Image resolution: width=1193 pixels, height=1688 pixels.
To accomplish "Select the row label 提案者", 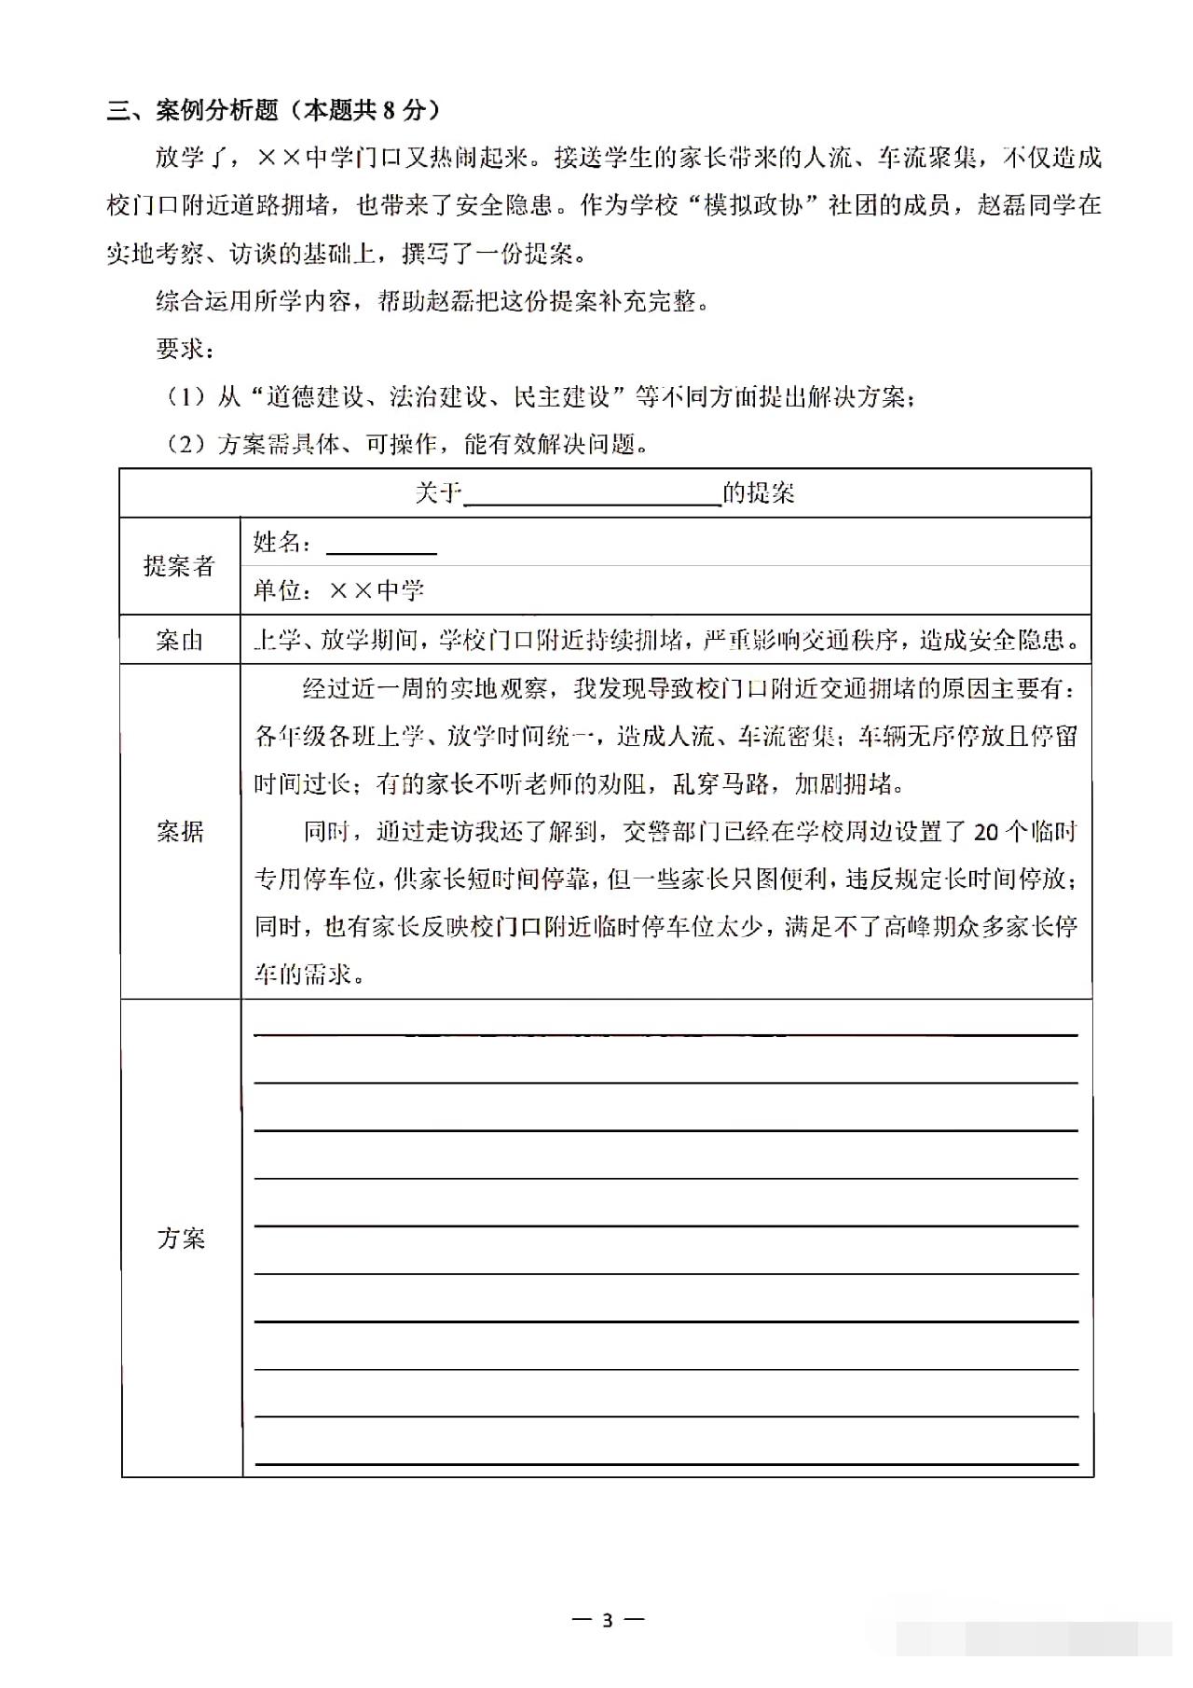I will tap(179, 566).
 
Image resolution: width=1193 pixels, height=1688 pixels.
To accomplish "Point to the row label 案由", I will tap(179, 640).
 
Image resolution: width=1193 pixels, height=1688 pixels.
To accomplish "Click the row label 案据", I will tap(179, 831).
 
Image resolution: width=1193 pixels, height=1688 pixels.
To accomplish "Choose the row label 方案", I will tap(180, 1238).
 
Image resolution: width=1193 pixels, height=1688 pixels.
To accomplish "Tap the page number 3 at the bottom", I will tap(608, 1619).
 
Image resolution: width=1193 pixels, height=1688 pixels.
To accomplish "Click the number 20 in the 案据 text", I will tap(986, 832).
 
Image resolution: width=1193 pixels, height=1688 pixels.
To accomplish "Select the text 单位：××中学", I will tap(339, 590).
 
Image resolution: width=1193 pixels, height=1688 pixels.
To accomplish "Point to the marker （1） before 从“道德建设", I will tap(185, 397).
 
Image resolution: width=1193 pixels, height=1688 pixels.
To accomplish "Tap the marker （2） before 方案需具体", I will tap(185, 445).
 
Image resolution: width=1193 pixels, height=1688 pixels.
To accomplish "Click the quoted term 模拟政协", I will tap(753, 205).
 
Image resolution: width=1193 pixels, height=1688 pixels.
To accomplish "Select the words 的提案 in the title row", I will tap(759, 492).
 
